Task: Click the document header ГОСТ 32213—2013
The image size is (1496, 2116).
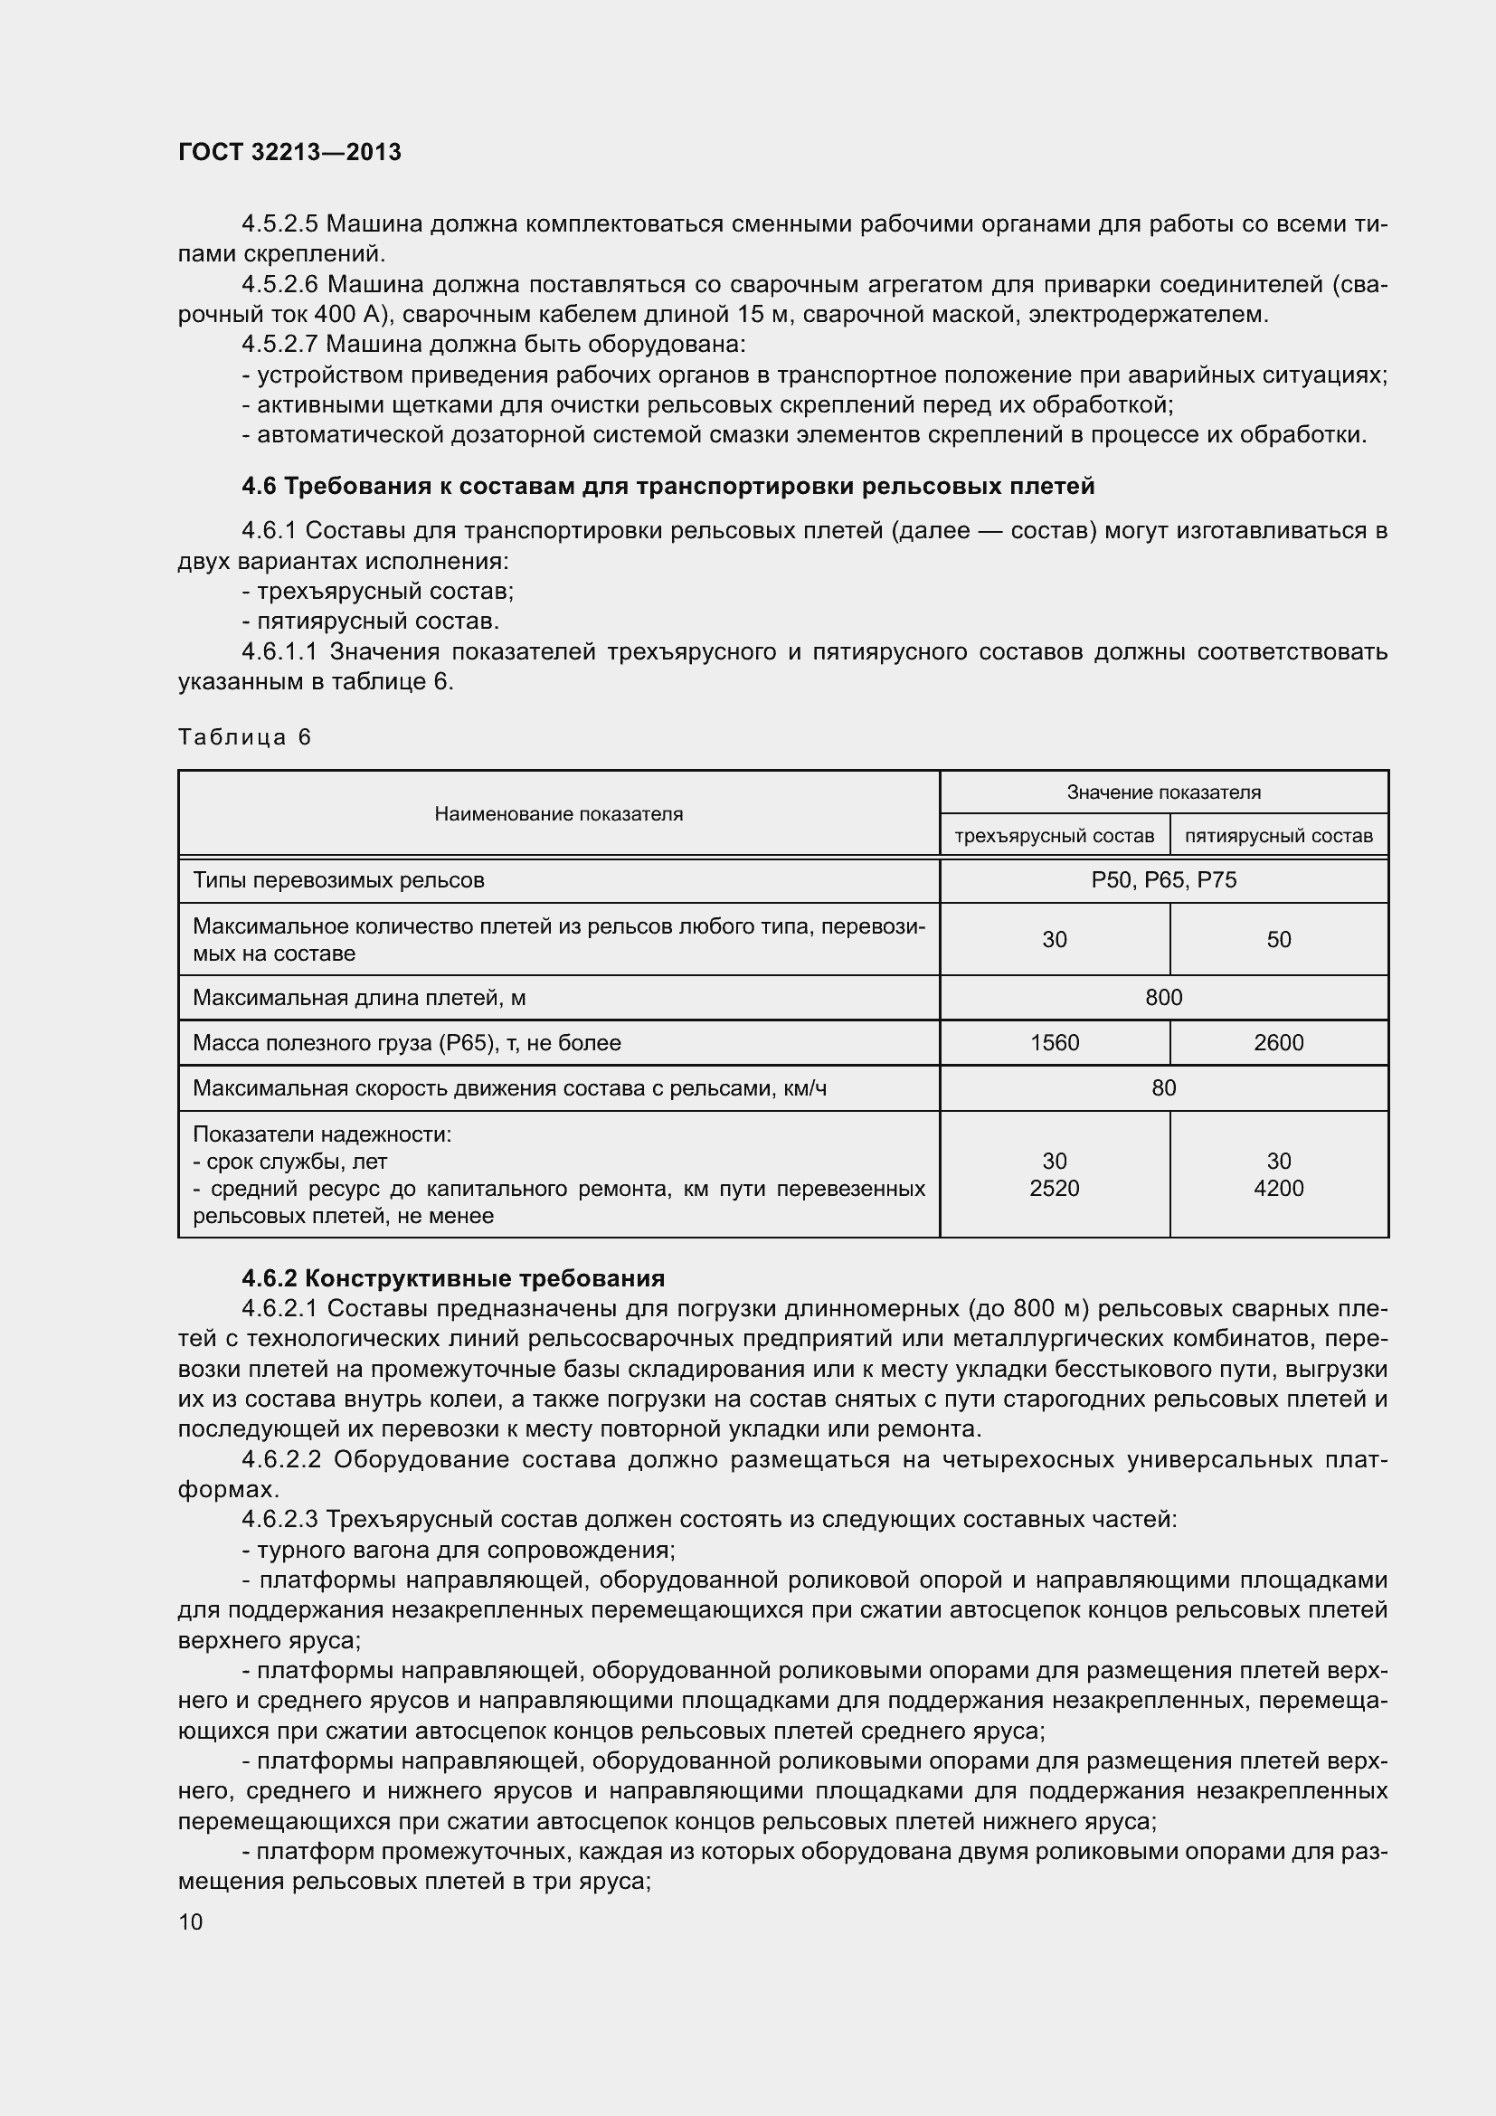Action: [x=289, y=152]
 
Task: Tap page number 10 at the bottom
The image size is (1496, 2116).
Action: [x=191, y=1922]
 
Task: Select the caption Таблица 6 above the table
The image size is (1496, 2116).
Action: [x=244, y=737]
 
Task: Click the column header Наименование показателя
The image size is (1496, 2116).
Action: [x=558, y=814]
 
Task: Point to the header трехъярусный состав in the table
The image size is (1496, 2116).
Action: [x=1054, y=836]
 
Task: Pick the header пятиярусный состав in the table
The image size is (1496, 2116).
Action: [x=1278, y=836]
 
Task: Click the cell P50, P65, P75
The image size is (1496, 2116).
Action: [x=1163, y=880]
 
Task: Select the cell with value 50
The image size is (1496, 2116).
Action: [x=1279, y=939]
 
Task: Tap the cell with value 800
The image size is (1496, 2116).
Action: [x=1163, y=997]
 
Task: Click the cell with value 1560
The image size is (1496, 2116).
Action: [x=1054, y=1042]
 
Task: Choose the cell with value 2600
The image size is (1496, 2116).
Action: [x=1279, y=1042]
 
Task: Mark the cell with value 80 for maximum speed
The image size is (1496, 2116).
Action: [x=1163, y=1087]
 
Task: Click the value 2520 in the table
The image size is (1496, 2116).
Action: [x=1054, y=1188]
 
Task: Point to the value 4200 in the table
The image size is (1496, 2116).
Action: [x=1279, y=1188]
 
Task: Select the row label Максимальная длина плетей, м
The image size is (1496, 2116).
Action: [x=359, y=997]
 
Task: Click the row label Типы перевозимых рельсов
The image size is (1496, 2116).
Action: [x=338, y=880]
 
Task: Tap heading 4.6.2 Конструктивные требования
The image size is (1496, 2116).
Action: [x=452, y=1278]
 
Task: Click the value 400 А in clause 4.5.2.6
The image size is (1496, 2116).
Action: [x=346, y=315]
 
